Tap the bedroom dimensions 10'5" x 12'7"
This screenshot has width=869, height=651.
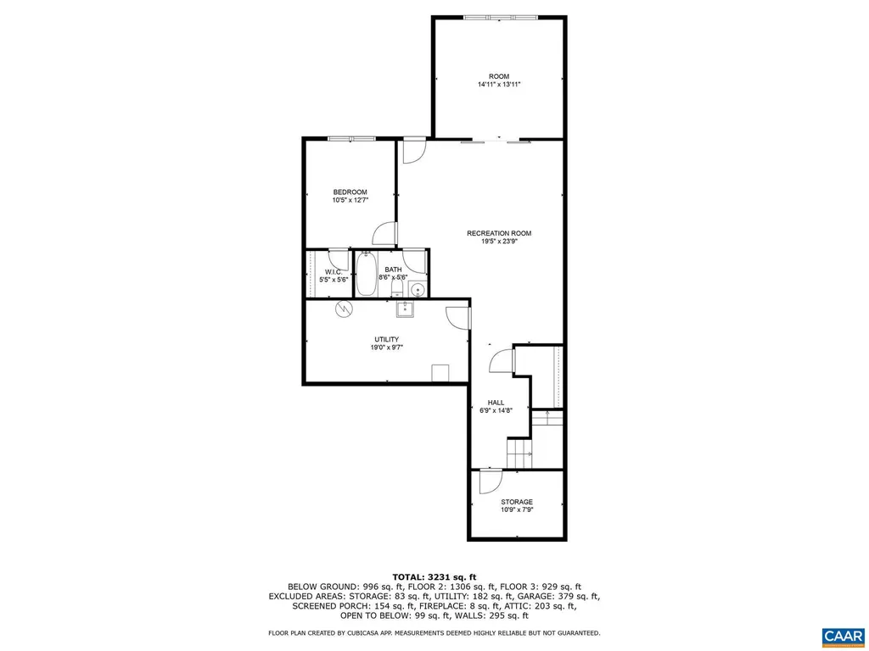tap(350, 200)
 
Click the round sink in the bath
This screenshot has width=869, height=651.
tap(417, 289)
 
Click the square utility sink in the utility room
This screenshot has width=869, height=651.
tap(408, 307)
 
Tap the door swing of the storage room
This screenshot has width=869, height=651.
tap(490, 481)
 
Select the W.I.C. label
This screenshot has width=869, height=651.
tap(332, 271)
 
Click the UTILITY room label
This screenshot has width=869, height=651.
tap(386, 339)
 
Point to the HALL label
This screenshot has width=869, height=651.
tap(496, 402)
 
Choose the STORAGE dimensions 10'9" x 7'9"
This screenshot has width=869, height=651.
tap(516, 510)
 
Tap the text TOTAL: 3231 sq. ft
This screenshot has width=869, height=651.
tap(434, 576)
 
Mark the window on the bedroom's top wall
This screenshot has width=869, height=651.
tap(352, 139)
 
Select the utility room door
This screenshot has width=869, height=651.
tap(458, 317)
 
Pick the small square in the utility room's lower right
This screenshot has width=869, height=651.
tap(440, 374)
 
